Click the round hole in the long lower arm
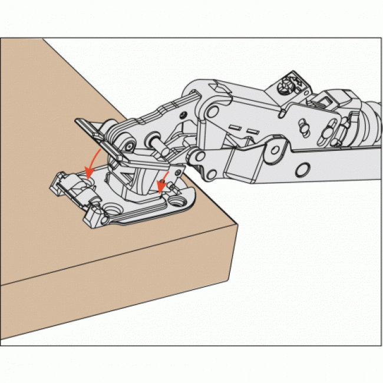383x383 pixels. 302,170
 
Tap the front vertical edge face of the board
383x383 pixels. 118,295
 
